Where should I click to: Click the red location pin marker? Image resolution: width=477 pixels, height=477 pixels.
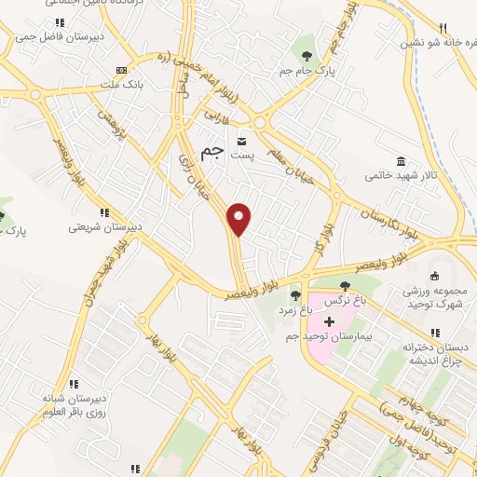(x=239, y=218)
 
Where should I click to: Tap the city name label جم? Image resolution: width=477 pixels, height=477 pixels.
(x=212, y=152)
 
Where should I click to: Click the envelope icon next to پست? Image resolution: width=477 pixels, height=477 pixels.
(x=242, y=141)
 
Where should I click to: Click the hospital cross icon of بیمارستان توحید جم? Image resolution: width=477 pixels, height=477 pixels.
(x=329, y=320)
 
